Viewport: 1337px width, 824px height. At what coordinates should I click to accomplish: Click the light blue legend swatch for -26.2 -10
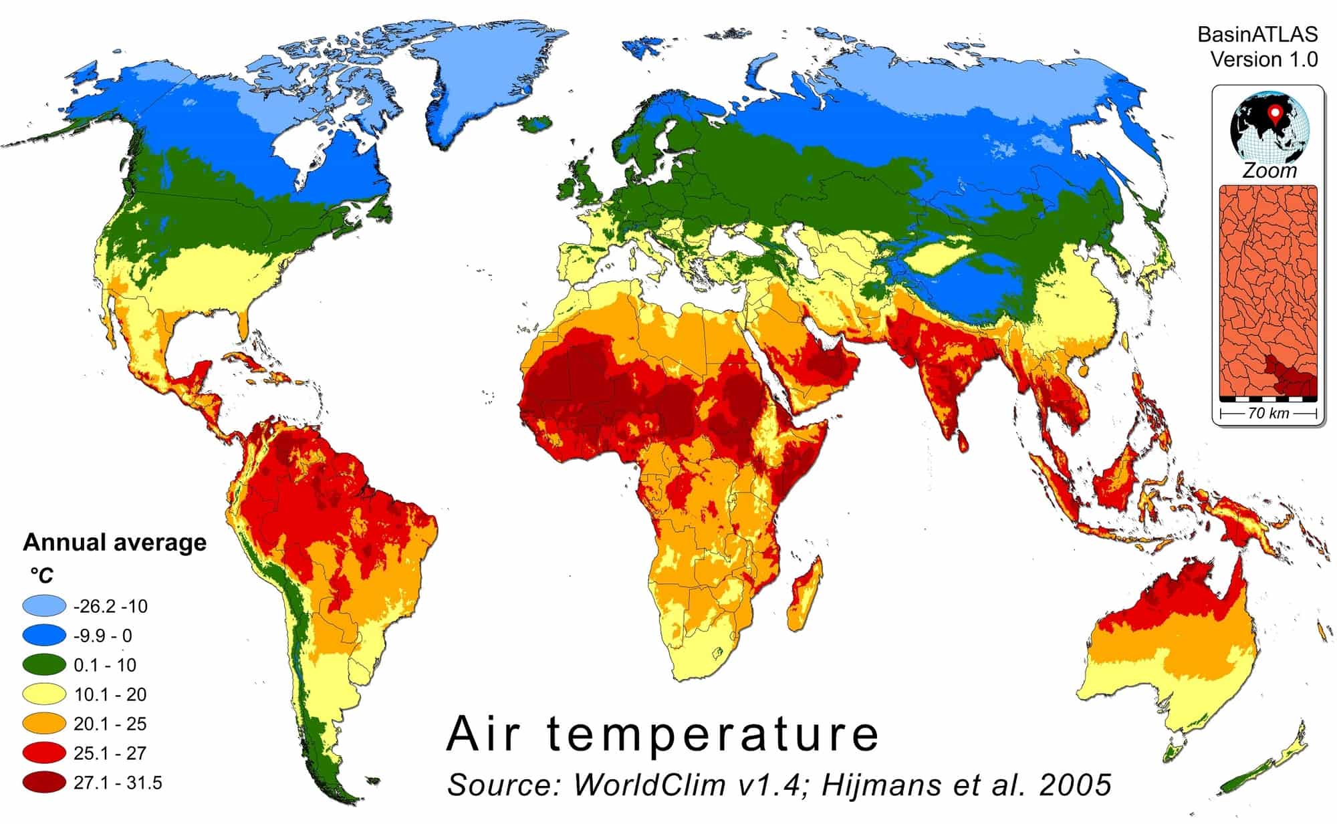tap(44, 605)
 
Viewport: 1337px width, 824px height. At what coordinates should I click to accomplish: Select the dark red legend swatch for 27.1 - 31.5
tap(44, 782)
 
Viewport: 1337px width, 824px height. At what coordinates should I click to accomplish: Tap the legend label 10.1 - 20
tap(110, 694)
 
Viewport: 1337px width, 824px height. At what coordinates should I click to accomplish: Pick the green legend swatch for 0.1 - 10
tap(44, 664)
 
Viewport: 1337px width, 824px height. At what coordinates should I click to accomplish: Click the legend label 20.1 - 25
tap(110, 724)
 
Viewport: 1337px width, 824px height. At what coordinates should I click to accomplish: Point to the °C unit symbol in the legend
tap(41, 575)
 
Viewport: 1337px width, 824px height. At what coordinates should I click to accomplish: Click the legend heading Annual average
tap(114, 542)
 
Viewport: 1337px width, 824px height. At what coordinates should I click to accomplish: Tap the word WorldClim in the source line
tap(649, 785)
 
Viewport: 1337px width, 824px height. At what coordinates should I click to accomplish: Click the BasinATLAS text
tap(1257, 34)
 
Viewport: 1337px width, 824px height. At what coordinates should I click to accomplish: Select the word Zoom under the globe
tap(1269, 171)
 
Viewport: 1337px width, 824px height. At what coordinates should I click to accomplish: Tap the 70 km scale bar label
tap(1268, 413)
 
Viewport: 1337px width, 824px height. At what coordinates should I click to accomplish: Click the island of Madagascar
tap(806, 595)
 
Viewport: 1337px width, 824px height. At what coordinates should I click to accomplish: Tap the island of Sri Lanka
tap(962, 439)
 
